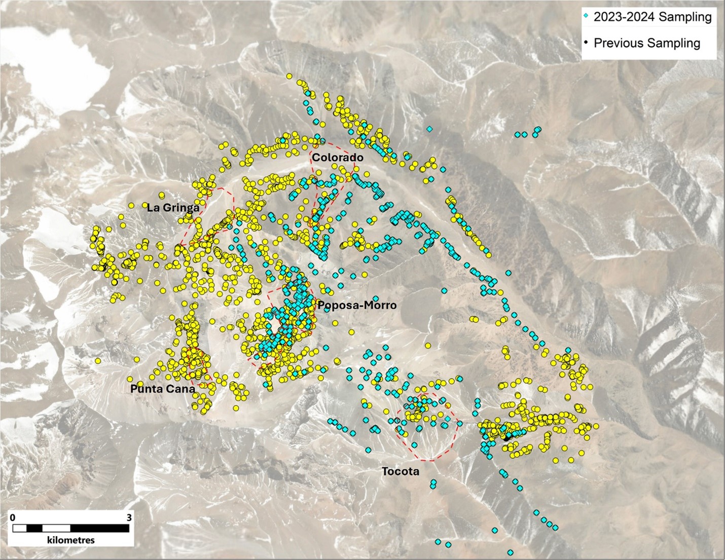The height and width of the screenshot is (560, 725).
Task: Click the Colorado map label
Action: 337,158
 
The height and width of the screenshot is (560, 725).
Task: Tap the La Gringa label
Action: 173,207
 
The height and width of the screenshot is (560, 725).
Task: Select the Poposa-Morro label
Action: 357,305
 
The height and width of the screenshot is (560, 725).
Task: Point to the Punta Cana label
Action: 162,389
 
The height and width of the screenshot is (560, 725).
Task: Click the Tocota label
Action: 400,471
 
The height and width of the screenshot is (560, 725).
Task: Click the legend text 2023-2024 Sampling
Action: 652,17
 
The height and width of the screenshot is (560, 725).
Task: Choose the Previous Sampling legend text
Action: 646,43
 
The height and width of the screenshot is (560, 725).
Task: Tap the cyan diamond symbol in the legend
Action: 586,17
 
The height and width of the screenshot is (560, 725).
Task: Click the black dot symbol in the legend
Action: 586,43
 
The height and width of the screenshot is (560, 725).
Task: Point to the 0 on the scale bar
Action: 13,517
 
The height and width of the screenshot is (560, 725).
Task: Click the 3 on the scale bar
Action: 129,517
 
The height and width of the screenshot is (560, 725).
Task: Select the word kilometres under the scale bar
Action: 70,540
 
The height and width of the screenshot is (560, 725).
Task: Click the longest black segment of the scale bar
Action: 99,529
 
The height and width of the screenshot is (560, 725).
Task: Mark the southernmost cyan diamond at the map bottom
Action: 511,552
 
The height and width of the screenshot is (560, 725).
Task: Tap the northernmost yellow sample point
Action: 289,76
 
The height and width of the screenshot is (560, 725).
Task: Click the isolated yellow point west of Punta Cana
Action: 97,361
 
